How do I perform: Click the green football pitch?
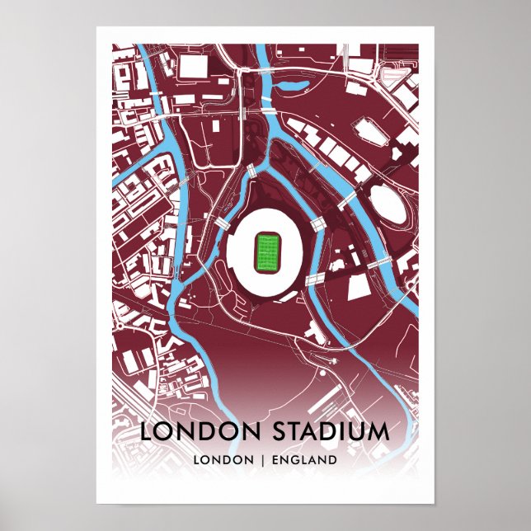pos(267,253)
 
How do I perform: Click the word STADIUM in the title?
pos(336,432)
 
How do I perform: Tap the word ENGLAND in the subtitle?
pos(306,459)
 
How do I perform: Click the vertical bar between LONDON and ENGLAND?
pos(264,459)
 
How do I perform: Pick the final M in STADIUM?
pos(380,432)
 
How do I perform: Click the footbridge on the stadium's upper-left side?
pos(222,223)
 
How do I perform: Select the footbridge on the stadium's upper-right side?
pos(318,223)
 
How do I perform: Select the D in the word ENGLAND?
pos(332,459)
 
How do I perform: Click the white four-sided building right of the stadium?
pos(360,287)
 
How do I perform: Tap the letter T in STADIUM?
pos(298,432)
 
